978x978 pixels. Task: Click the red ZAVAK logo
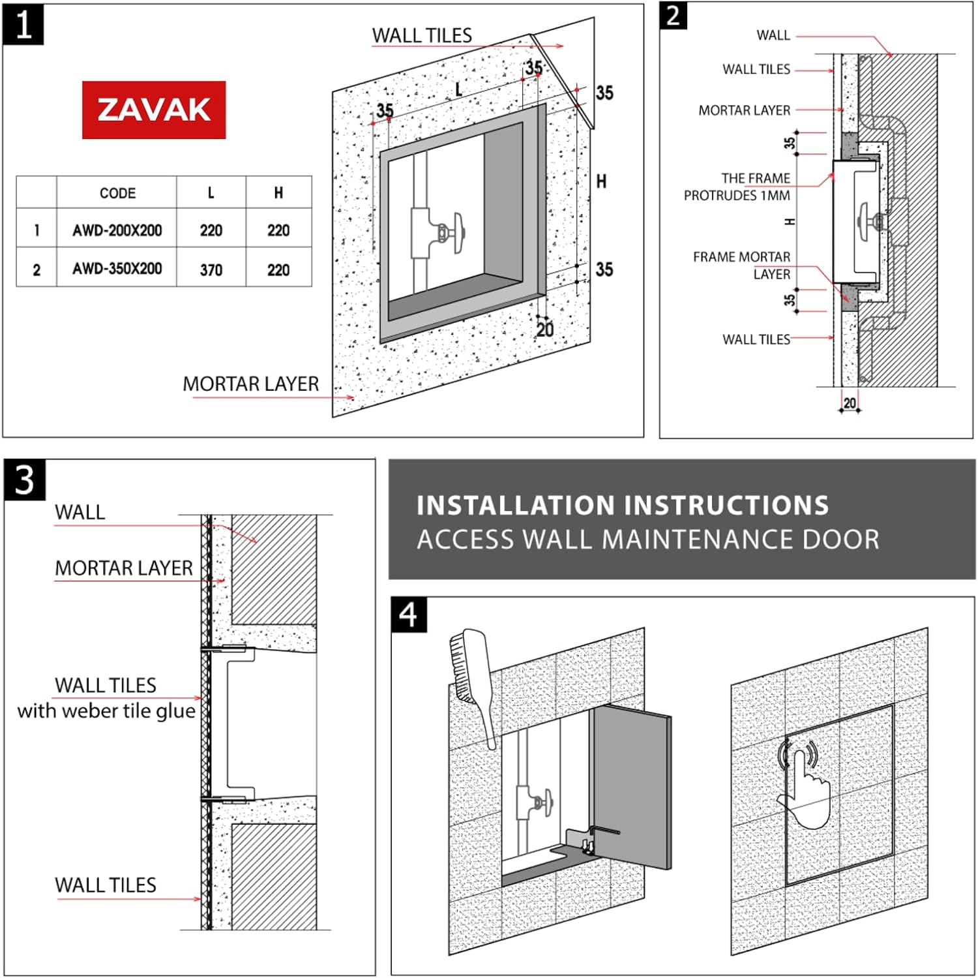coord(154,110)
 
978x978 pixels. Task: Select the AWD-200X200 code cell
coord(117,230)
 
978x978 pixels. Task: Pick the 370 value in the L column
coord(211,269)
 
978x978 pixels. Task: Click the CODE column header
coord(117,193)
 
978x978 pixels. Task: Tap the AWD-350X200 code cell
coord(117,269)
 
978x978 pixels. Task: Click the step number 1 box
coord(23,25)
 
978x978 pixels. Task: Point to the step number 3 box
coord(25,480)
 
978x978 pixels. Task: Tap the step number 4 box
coord(409,615)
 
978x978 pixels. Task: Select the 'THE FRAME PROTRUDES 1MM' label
coord(737,187)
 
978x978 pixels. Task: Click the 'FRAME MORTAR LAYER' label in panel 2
coord(742,265)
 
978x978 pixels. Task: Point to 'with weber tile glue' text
coord(106,711)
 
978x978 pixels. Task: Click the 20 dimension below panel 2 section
coord(849,403)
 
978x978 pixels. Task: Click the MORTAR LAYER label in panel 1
coord(251,384)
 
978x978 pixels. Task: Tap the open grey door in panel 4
coord(631,786)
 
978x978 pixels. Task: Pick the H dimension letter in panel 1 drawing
coord(601,181)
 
